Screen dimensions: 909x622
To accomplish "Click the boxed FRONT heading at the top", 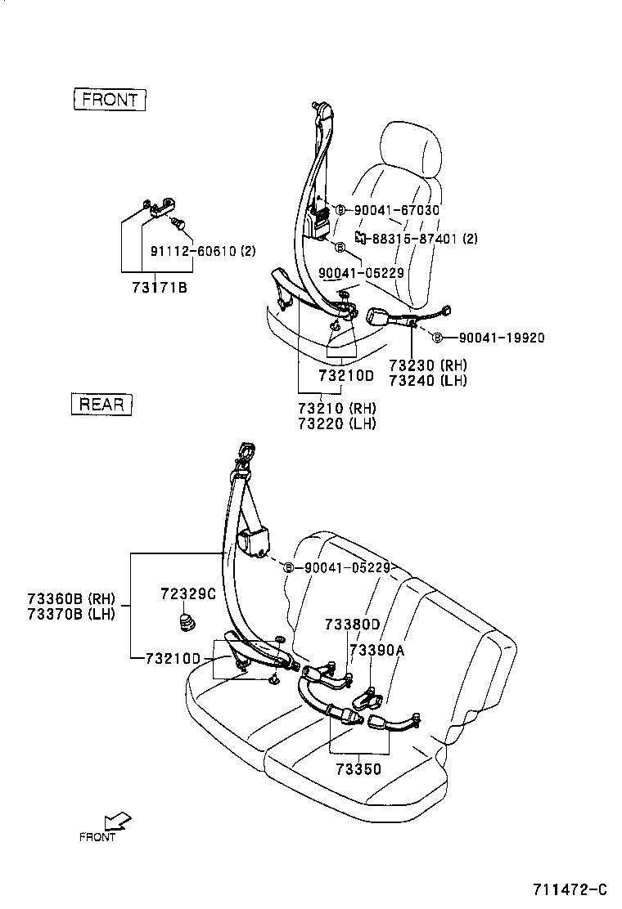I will [110, 100].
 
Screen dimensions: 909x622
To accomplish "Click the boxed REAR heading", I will [101, 404].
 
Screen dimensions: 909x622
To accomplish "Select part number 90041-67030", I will [396, 210].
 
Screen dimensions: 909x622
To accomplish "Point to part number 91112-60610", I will [192, 252].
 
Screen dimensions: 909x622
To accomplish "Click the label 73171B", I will [160, 288].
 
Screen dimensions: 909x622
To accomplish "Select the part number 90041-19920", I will [500, 337].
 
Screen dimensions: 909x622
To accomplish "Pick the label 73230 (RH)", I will [427, 365].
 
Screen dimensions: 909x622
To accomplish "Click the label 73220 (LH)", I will [336, 423].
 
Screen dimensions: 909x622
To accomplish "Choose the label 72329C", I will [188, 594].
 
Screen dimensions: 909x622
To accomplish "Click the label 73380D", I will [352, 625].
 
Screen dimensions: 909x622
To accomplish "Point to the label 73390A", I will [377, 650].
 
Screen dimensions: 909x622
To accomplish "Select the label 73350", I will [358, 769].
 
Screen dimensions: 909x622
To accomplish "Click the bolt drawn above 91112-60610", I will [179, 222].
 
